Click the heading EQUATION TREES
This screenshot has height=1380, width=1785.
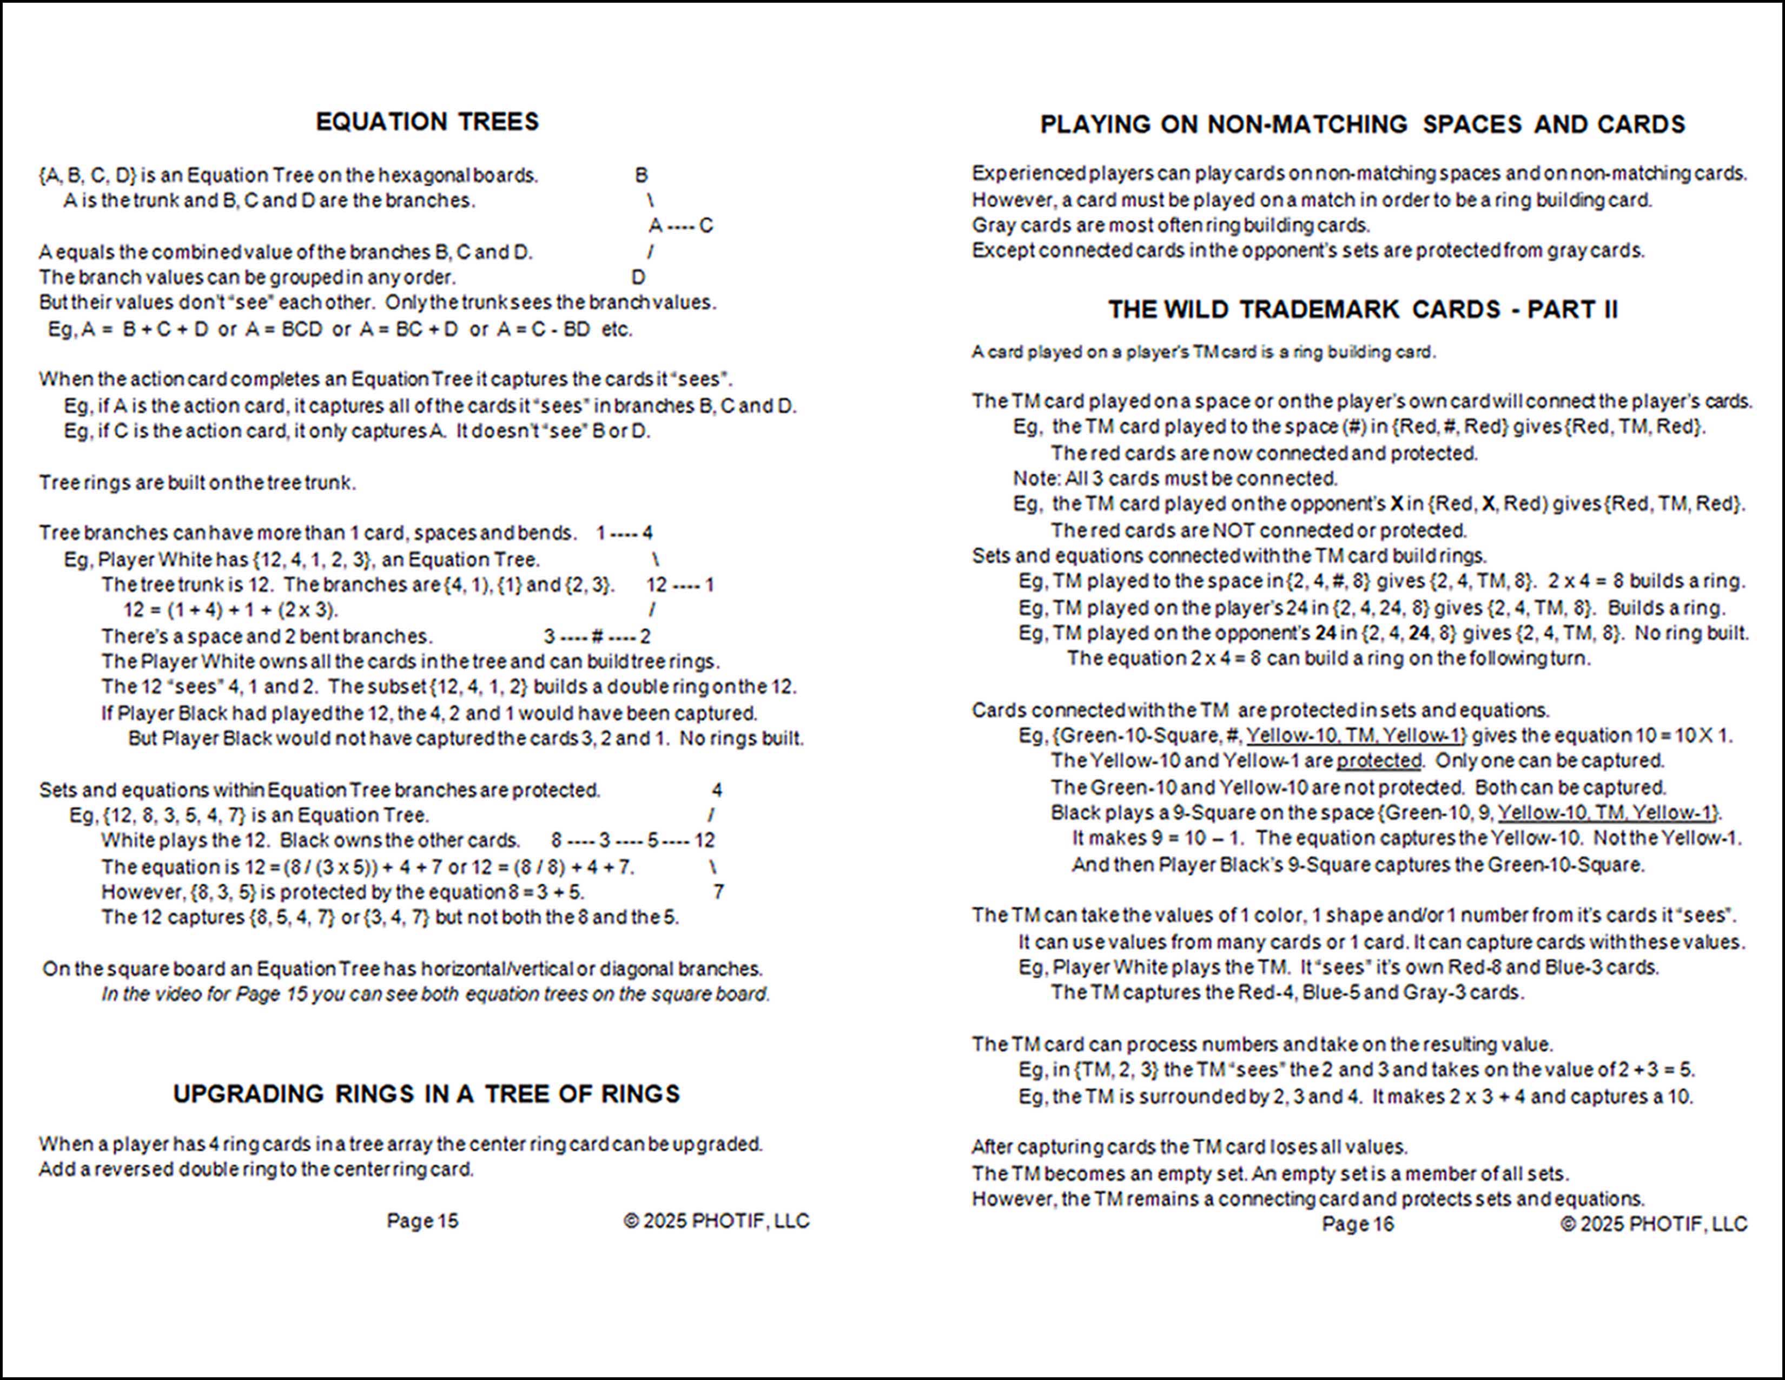pyautogui.click(x=427, y=122)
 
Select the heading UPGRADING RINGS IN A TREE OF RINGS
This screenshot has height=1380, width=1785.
pyautogui.click(x=427, y=1094)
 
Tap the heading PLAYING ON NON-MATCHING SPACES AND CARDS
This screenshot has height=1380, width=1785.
pyautogui.click(x=1363, y=124)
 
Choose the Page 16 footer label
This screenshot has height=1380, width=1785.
pyautogui.click(x=1358, y=1224)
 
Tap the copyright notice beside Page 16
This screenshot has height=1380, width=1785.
pyautogui.click(x=1654, y=1224)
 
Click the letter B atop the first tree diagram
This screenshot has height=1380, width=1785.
pyautogui.click(x=642, y=175)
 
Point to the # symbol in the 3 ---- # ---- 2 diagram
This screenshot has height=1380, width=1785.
pyautogui.click(x=597, y=636)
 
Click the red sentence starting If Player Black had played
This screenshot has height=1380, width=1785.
pyautogui.click(x=429, y=713)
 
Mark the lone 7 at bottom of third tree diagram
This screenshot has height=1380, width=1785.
pyautogui.click(x=718, y=892)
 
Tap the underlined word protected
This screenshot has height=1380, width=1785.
pyautogui.click(x=1379, y=760)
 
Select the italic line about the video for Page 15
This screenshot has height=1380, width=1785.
pyautogui.click(x=435, y=994)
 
